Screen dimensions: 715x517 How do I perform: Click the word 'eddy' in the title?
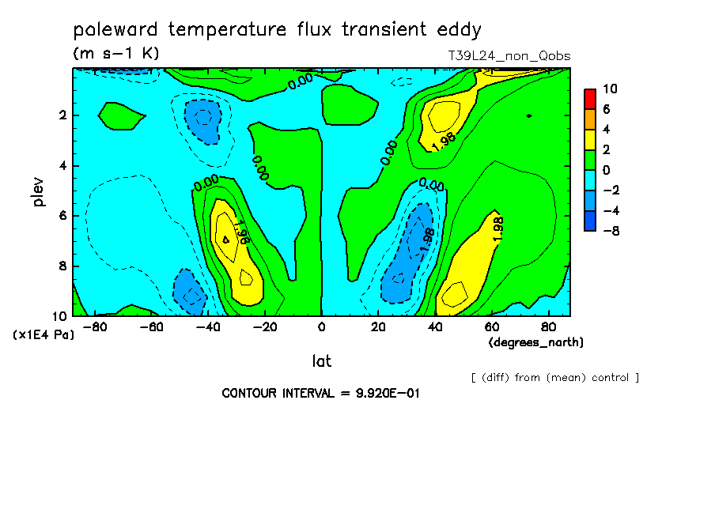coord(459,30)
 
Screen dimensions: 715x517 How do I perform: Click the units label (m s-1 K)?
coord(115,53)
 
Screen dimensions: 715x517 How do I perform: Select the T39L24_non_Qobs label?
coord(509,56)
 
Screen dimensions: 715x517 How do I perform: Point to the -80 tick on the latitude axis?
coord(95,327)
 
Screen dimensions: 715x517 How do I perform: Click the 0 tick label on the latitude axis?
coord(321,327)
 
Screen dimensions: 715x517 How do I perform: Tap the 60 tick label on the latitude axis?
coord(492,327)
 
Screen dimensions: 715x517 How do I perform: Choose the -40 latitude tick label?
coord(208,327)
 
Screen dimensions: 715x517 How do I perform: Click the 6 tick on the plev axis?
coord(63,216)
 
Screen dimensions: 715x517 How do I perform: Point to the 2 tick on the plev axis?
coord(63,115)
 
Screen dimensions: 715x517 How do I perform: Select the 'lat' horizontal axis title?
coord(321,361)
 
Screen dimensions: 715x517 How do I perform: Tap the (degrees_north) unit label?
coord(535,342)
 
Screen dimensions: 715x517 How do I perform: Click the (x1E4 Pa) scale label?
coord(44,335)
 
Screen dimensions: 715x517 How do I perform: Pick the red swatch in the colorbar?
coord(590,99)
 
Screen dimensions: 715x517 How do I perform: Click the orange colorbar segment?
coord(590,119)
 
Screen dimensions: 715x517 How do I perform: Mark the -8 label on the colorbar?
coord(611,231)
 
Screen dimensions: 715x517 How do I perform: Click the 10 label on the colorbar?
coord(610,89)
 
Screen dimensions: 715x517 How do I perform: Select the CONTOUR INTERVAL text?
coord(320,394)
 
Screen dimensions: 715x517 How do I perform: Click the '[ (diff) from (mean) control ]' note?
coord(555,378)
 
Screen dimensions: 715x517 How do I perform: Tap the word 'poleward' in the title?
coord(115,30)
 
